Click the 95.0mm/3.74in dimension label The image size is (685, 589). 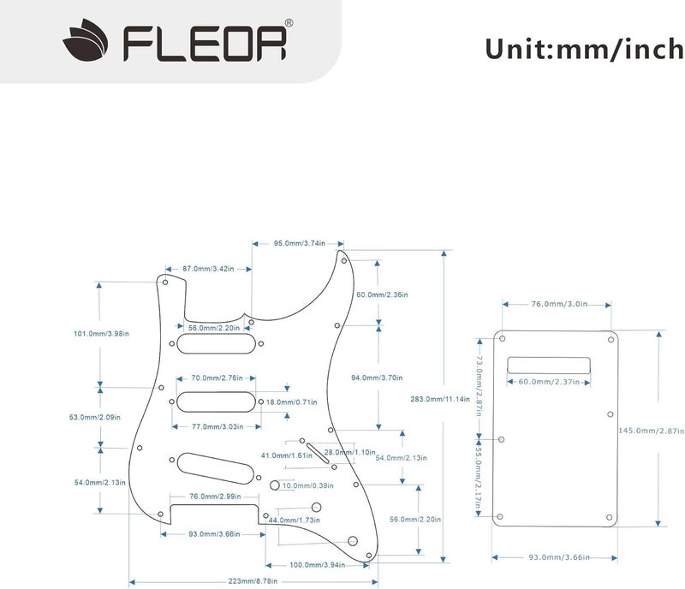pos(299,243)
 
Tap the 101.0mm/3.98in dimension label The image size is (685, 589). pos(101,334)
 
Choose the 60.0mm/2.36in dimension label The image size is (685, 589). pos(383,294)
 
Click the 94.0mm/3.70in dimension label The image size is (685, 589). pos(378,378)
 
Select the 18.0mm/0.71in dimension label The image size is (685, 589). pos(294,402)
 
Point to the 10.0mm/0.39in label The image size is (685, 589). pos(308,485)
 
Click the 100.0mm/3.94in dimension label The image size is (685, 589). pos(317,565)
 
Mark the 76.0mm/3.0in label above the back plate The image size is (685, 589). pos(557,304)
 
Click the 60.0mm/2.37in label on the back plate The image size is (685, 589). pos(549,382)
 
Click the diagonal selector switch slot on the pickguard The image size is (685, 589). pos(317,450)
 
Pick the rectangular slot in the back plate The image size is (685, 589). pos(549,363)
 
